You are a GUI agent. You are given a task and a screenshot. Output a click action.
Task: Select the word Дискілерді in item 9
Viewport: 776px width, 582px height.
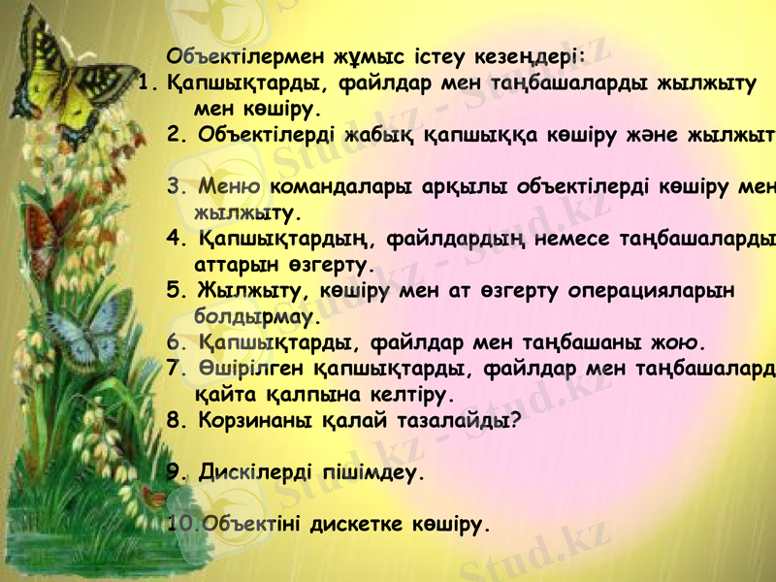click(256, 473)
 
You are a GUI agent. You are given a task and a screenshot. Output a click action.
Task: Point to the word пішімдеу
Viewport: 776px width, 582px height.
click(372, 473)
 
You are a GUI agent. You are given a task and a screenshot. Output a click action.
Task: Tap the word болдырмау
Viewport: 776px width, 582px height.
click(257, 316)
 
